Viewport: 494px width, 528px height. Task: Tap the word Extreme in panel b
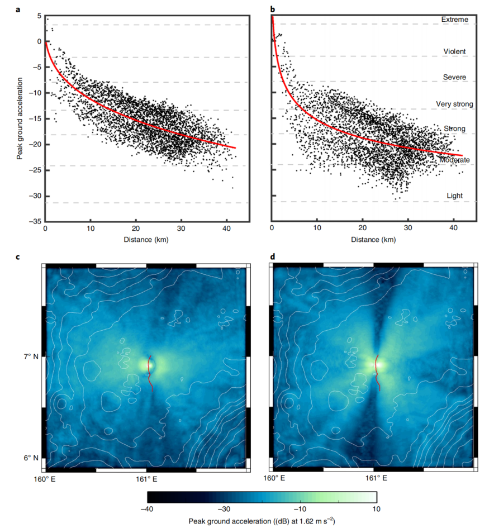point(454,20)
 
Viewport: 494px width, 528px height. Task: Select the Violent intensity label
point(454,51)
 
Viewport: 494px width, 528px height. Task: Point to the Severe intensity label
point(454,77)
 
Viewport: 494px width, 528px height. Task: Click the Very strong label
point(454,104)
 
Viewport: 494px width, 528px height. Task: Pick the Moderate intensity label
point(454,160)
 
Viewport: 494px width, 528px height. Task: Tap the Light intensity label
point(454,196)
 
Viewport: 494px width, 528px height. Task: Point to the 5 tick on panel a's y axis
point(39,16)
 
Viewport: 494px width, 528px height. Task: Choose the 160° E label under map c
point(44,479)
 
